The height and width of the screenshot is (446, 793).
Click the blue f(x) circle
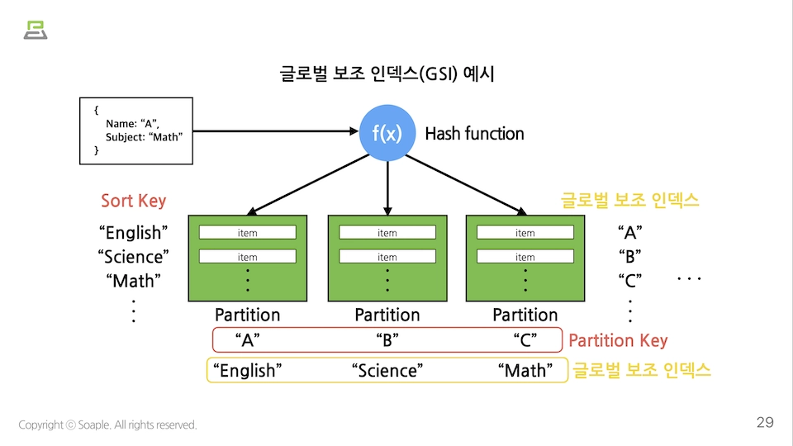[x=387, y=133]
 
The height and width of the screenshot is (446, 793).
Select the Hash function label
[x=474, y=134]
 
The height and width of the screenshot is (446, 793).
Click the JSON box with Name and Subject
[x=136, y=130]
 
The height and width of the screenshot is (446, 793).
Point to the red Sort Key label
[x=133, y=201]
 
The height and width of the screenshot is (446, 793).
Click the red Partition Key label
[x=618, y=340]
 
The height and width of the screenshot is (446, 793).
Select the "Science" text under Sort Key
[x=133, y=257]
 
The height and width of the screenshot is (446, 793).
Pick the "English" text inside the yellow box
[x=247, y=371]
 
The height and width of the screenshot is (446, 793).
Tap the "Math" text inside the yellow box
[x=525, y=371]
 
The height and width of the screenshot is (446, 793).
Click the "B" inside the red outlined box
[x=387, y=339]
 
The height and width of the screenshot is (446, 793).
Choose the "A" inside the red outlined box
[x=248, y=339]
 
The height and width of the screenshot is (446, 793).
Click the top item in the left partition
[x=248, y=233]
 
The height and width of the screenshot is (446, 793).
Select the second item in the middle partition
[x=387, y=257]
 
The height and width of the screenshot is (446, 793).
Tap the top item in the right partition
[x=525, y=233]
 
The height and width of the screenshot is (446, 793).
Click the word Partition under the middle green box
[x=387, y=315]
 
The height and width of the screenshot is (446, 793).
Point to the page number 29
[x=765, y=423]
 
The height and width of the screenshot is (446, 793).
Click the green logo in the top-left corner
[x=36, y=31]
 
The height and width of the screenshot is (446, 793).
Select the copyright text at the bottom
[x=108, y=425]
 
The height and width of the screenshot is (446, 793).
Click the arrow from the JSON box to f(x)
[x=273, y=130]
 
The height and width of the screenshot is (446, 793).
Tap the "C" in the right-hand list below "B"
[x=630, y=280]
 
